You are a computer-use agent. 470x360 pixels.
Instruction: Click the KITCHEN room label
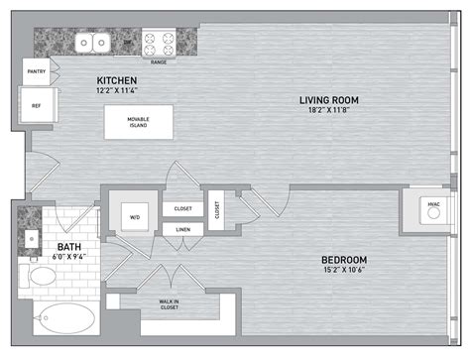coord(117,79)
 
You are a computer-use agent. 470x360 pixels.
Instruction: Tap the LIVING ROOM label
coord(330,100)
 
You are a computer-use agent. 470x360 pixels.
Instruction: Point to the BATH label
coord(68,246)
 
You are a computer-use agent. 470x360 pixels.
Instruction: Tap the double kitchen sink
coord(95,43)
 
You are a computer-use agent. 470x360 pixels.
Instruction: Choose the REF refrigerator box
coord(36,104)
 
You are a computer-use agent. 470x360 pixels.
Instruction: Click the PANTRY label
coord(36,71)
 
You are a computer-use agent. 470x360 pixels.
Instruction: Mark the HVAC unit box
coord(433,206)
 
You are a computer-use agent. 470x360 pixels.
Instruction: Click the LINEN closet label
coord(182,229)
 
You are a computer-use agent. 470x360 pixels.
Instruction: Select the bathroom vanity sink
coord(32,239)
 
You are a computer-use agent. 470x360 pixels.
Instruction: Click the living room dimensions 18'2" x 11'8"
coord(330,111)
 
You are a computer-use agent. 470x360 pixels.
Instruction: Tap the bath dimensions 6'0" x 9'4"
coord(68,256)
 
